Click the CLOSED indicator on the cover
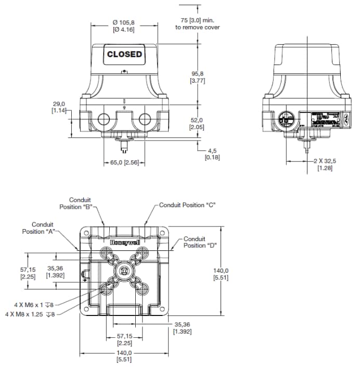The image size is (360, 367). tap(124, 54)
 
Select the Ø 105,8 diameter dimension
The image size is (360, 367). tap(124, 26)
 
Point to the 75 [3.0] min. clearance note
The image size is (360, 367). tap(197, 23)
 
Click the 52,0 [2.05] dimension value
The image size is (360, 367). tap(197, 123)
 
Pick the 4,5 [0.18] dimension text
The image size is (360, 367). tap(212, 154)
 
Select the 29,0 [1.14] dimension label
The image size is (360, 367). tap(59, 107)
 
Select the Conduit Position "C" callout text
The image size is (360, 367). tap(187, 205)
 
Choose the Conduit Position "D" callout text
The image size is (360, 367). tap(200, 242)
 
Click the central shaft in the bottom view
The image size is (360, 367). tap(124, 271)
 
